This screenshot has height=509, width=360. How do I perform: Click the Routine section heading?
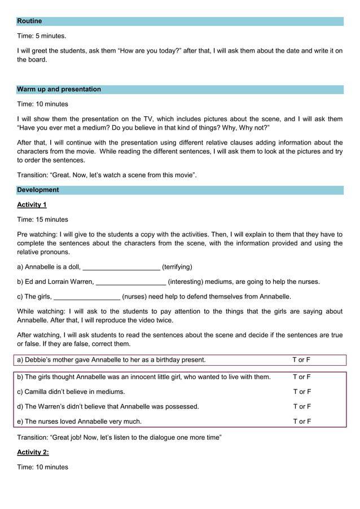(x=29, y=21)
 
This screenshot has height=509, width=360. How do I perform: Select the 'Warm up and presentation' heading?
(x=59, y=89)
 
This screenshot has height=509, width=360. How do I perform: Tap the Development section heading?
(x=38, y=190)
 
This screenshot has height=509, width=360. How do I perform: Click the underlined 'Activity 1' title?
(x=32, y=205)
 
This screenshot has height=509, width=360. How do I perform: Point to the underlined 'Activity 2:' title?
(x=33, y=452)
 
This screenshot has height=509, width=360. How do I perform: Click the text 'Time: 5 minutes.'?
(x=42, y=36)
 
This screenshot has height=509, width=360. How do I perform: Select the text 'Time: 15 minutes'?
(x=42, y=220)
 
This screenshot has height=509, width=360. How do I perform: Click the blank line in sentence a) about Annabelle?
(x=121, y=267)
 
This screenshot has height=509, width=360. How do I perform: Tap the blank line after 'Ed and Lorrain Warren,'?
(x=131, y=282)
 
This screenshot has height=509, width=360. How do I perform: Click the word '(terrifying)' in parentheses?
(x=177, y=267)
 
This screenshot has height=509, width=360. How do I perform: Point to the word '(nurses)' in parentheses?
(x=135, y=296)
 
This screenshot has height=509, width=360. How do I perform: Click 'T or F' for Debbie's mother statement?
(x=301, y=359)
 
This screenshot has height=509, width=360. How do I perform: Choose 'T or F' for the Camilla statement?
(x=301, y=392)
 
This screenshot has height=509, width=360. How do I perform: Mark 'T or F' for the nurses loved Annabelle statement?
(x=301, y=421)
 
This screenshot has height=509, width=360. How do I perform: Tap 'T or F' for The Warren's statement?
(x=301, y=406)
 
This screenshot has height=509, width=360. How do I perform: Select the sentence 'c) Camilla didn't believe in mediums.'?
(x=71, y=392)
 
